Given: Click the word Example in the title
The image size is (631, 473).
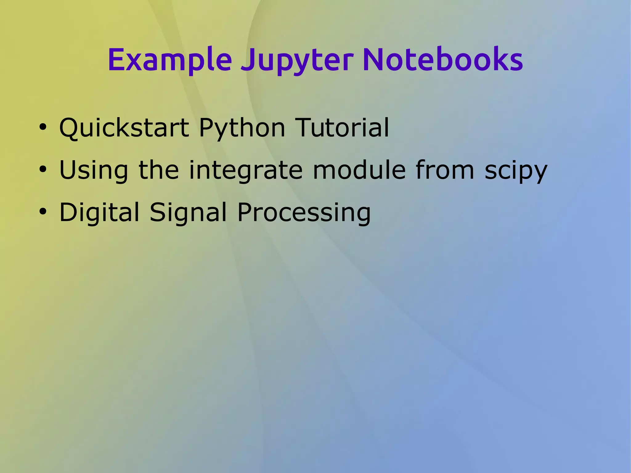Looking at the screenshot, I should pyautogui.click(x=169, y=60).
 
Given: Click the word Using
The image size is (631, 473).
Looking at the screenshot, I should pyautogui.click(x=93, y=170).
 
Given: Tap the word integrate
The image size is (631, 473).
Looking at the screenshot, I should pyautogui.click(x=246, y=170).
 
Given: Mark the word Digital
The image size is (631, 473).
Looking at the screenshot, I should pyautogui.click(x=99, y=213).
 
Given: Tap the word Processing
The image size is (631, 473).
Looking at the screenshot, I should pyautogui.click(x=304, y=213).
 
